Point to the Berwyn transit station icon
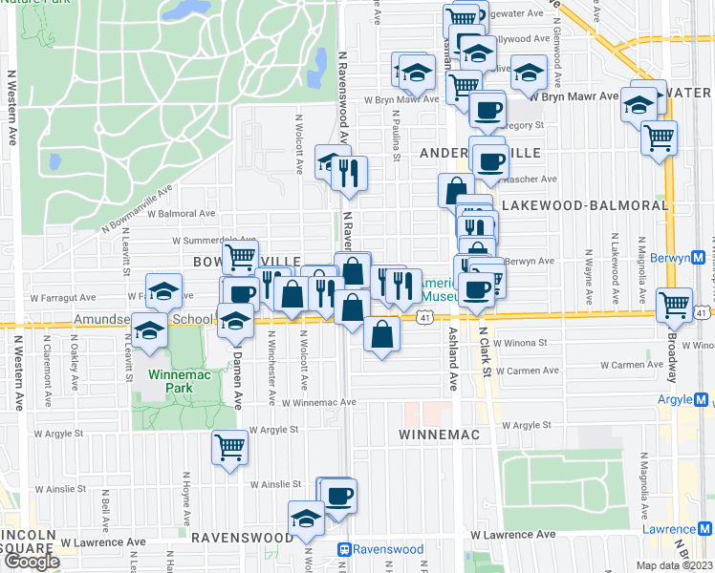click(x=698, y=258)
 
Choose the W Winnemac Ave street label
click(x=318, y=402)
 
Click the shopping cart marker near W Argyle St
click(x=229, y=446)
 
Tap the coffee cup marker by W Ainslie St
click(x=339, y=496)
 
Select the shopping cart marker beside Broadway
click(x=675, y=305)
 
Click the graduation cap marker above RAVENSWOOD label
click(x=306, y=520)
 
